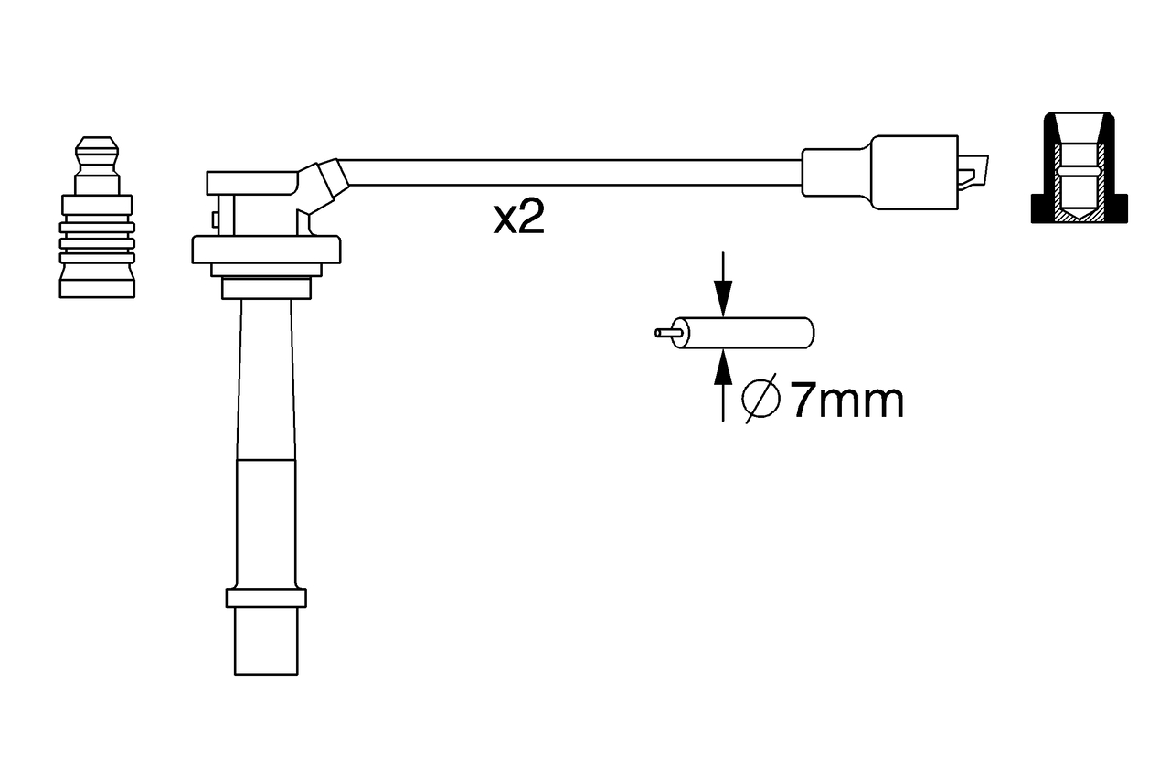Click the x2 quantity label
[x=518, y=219]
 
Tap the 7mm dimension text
[x=846, y=401]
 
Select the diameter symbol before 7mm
[x=760, y=399]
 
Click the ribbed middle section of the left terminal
[x=97, y=241]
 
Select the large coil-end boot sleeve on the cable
[x=913, y=173]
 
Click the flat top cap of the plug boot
[x=251, y=182]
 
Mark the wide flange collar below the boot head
[x=265, y=249]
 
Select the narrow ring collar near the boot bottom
[x=265, y=598]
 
